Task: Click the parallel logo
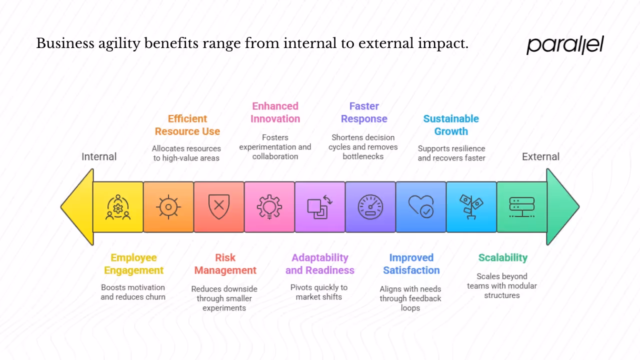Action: click(565, 45)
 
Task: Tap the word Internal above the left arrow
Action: click(99, 156)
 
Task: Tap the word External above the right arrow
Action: click(540, 156)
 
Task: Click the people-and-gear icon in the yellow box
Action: click(118, 207)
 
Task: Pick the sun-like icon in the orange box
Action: click(168, 207)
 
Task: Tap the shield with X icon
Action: click(219, 207)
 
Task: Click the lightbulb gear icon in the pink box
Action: click(269, 207)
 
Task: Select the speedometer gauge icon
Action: click(370, 207)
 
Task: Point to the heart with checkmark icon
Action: click(420, 207)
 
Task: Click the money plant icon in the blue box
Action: click(471, 207)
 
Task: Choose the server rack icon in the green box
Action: click(521, 207)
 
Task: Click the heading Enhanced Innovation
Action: click(275, 112)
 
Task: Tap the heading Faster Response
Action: click(364, 112)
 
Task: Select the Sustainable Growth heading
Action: click(451, 125)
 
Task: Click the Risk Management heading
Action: click(225, 264)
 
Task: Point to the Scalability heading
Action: click(502, 257)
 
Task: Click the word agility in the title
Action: click(118, 44)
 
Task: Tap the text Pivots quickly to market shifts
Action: click(318, 292)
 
